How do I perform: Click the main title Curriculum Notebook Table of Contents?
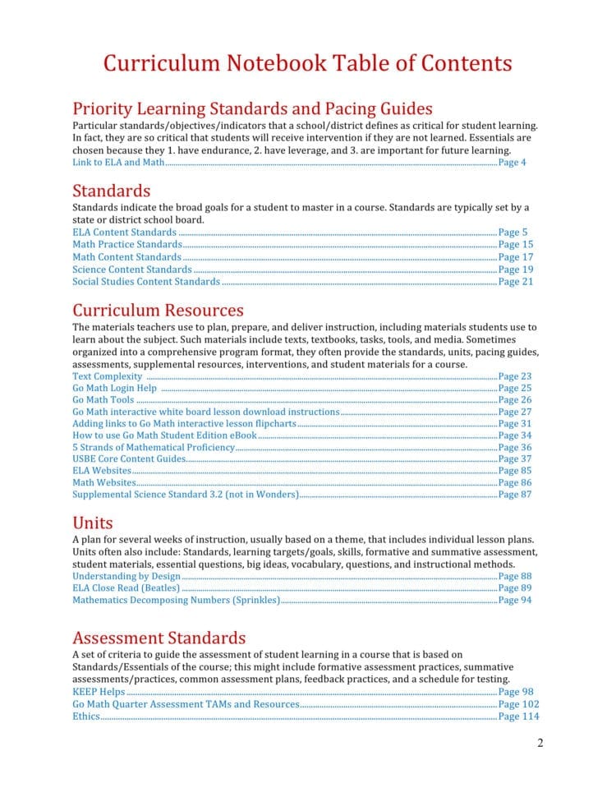307,64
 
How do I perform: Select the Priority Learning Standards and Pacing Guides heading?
252,108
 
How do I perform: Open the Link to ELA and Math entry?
118,163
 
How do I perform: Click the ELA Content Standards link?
124,233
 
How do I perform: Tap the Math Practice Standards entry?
126,245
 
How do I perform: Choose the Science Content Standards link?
132,270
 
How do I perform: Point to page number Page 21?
515,282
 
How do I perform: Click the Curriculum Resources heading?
158,311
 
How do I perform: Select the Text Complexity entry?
107,376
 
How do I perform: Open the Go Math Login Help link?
114,389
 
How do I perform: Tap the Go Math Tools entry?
103,400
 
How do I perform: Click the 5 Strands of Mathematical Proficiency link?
153,448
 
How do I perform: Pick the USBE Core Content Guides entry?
129,459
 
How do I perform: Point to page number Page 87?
515,495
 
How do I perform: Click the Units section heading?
93,523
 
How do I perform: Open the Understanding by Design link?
126,577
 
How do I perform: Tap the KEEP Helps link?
99,693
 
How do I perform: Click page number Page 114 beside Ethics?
518,716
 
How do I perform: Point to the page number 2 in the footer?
540,744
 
